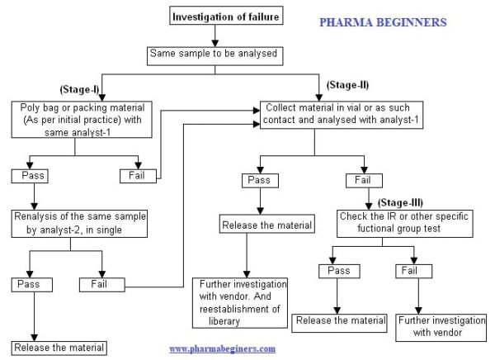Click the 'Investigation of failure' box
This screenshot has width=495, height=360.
pyautogui.click(x=215, y=16)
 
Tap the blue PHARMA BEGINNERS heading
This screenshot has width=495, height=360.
pyautogui.click(x=383, y=22)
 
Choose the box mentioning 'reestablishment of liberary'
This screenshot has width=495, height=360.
pyautogui.click(x=240, y=301)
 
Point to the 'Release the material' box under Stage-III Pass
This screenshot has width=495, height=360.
pyautogui.click(x=341, y=320)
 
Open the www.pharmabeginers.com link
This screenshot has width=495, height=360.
pyautogui.click(x=223, y=349)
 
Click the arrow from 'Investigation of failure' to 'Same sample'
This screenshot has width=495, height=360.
pyautogui.click(x=215, y=35)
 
